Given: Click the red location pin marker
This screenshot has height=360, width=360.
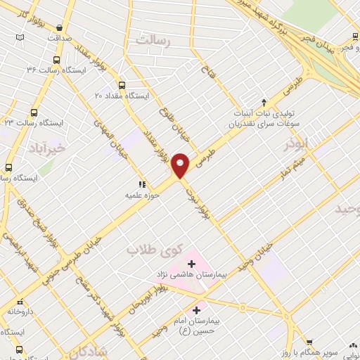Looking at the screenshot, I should click(x=181, y=165).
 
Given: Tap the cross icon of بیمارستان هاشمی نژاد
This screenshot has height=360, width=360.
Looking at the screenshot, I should click(x=191, y=264).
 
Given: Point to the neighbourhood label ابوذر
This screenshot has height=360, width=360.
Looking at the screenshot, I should click(x=296, y=145).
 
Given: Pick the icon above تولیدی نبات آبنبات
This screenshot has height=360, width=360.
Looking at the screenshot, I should click(x=264, y=103).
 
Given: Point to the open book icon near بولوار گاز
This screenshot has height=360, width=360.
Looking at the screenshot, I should click(x=20, y=37).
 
